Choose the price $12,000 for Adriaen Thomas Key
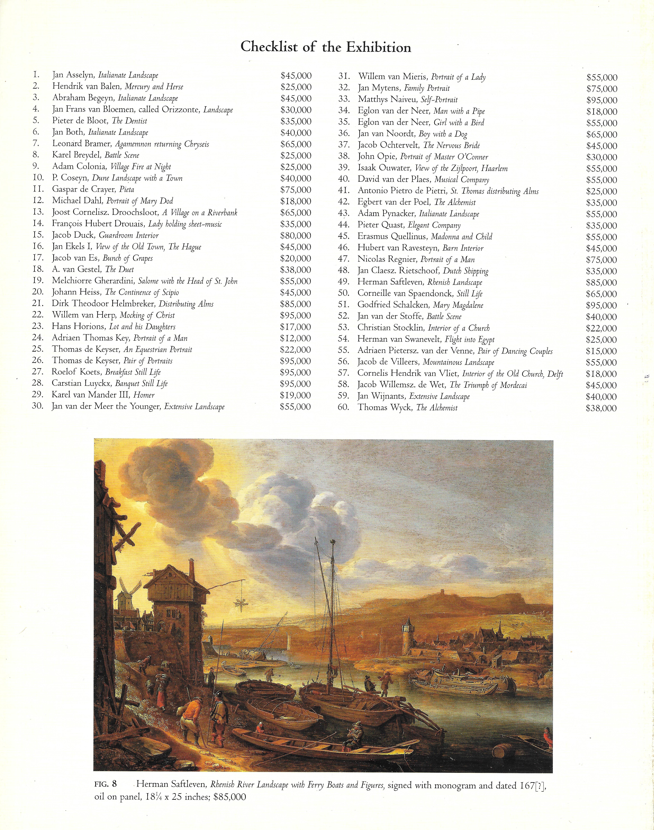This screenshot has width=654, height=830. point(296,338)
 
